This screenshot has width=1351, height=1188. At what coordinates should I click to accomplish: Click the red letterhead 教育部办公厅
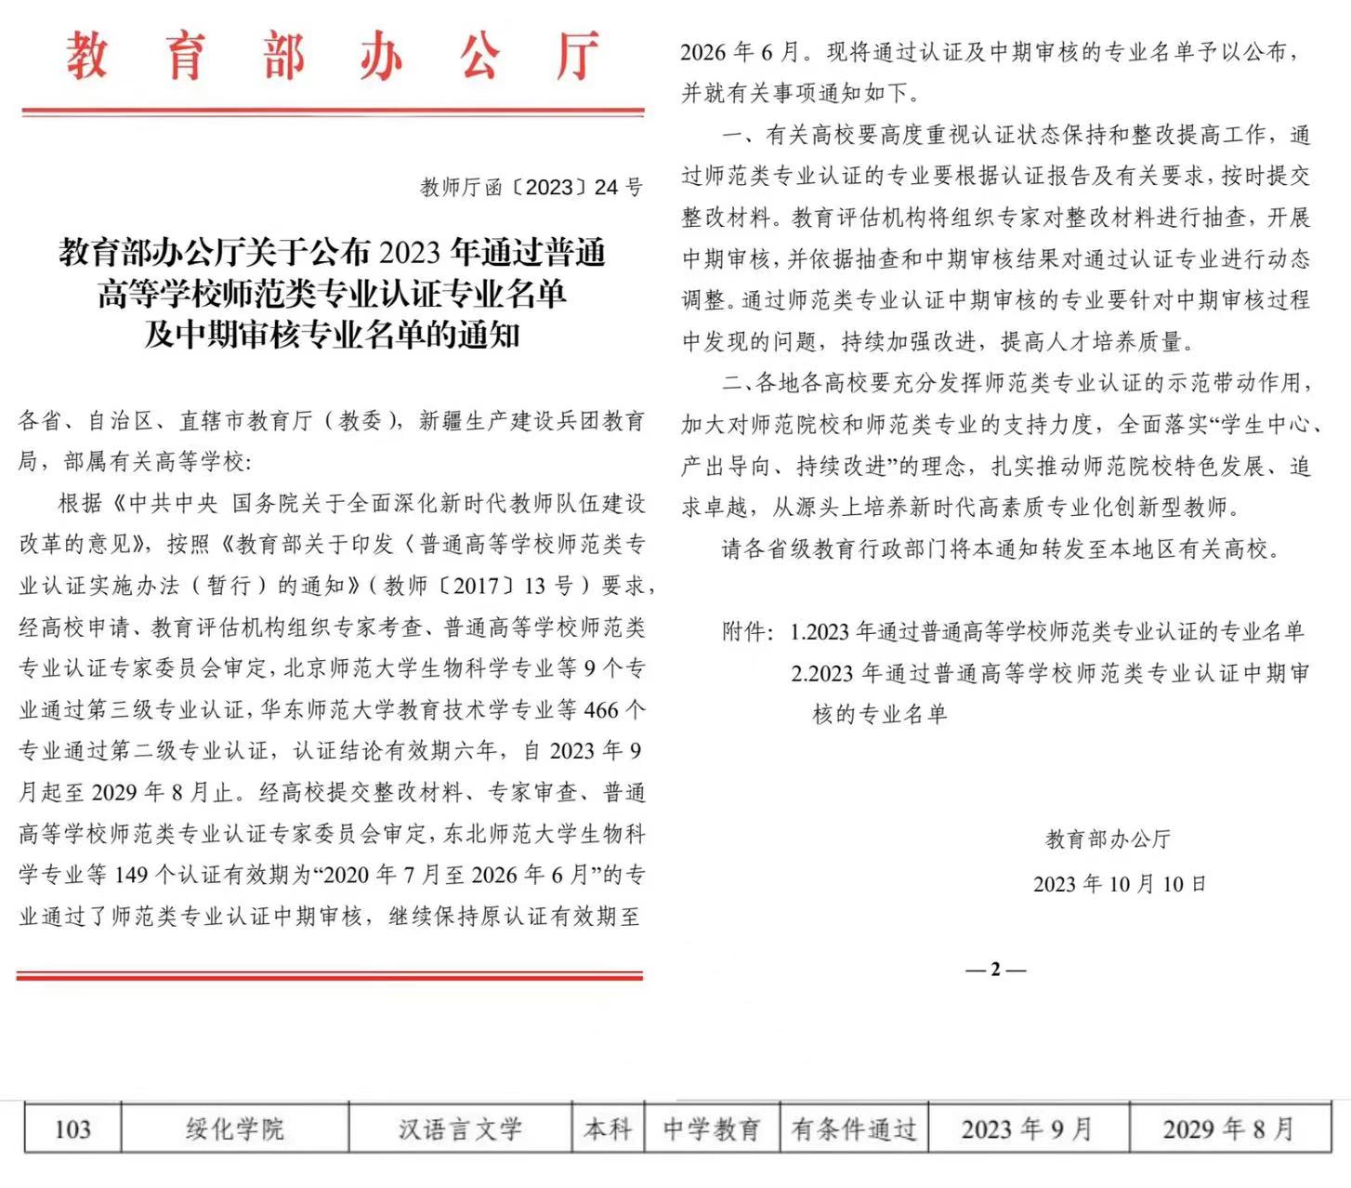[x=333, y=56]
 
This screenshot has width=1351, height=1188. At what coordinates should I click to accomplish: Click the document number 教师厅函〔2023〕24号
[x=531, y=187]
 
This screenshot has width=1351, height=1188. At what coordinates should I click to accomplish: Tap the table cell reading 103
[x=72, y=1129]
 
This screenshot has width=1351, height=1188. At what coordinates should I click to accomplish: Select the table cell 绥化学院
[x=234, y=1129]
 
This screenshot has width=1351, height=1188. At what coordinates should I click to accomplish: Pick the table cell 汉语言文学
[x=460, y=1129]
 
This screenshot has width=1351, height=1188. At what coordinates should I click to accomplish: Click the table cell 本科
[x=608, y=1129]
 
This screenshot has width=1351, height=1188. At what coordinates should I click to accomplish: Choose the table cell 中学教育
[x=711, y=1129]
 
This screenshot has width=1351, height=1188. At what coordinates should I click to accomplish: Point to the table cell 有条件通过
[x=853, y=1129]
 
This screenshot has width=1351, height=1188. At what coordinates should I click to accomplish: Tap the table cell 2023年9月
[x=1027, y=1129]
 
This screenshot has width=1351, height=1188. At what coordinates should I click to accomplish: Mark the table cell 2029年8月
[x=1227, y=1129]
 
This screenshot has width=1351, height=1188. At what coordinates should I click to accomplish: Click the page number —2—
[x=995, y=970]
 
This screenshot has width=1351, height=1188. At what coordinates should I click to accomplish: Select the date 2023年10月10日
[x=1119, y=883]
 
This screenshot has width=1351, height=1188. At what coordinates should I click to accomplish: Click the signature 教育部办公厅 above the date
[x=1108, y=839]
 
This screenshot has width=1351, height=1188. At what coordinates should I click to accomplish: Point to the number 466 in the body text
[x=600, y=710]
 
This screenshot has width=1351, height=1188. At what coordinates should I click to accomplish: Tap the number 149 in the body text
[x=131, y=875]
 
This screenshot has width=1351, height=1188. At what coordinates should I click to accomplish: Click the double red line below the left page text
[x=329, y=975]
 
